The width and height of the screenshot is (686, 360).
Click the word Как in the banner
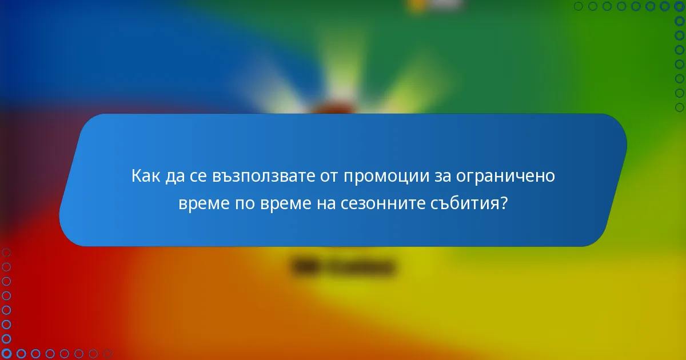(x=146, y=175)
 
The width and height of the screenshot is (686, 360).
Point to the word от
(x=328, y=175)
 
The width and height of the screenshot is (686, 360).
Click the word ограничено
(x=506, y=177)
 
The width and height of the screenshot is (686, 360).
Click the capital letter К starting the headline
(x=136, y=175)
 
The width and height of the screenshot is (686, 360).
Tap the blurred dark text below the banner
(x=344, y=267)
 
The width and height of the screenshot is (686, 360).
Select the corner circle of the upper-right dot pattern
(x=680, y=6)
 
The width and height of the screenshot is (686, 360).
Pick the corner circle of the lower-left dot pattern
(x=6, y=354)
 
